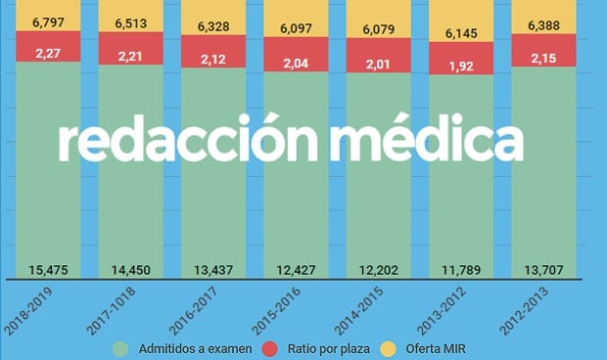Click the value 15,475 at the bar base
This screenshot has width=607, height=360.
click(x=48, y=270)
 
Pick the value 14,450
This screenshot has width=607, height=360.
click(x=130, y=270)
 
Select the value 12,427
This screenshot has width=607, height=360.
click(x=296, y=270)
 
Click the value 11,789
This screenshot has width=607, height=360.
click(x=461, y=270)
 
